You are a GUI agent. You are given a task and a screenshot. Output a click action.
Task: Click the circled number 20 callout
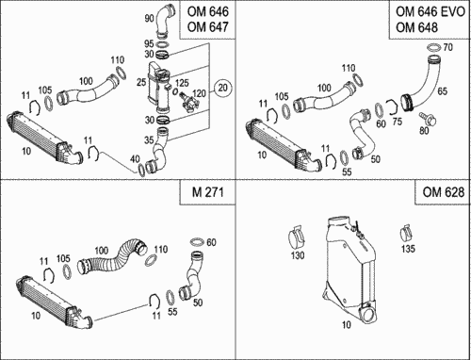tap(222, 88)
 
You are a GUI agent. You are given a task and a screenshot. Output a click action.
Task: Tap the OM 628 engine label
tap(443, 191)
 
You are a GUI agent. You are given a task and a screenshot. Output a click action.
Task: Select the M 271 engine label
tap(207, 191)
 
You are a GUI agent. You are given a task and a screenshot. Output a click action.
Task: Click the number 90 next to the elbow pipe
tap(149, 18)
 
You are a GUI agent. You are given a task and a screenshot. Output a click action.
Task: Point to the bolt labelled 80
tap(427, 118)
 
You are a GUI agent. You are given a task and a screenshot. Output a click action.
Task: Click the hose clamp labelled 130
tap(297, 237)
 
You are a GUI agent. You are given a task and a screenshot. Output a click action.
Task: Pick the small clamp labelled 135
tap(407, 233)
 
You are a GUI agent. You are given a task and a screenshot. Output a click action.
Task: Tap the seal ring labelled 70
tap(434, 47)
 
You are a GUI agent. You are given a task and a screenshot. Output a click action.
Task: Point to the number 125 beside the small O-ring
tap(182, 83)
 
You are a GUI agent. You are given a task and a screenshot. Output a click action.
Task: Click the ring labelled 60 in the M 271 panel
tap(197, 242)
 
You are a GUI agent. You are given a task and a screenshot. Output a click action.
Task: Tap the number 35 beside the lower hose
tap(149, 139)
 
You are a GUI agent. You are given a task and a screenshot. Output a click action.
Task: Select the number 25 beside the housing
tap(141, 82)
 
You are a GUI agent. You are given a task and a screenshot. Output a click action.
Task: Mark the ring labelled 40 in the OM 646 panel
tap(141, 170)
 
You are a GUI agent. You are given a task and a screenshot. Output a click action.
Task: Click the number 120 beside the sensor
tap(199, 93)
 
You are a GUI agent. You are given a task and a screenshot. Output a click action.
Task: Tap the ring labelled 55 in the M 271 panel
tap(171, 297)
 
